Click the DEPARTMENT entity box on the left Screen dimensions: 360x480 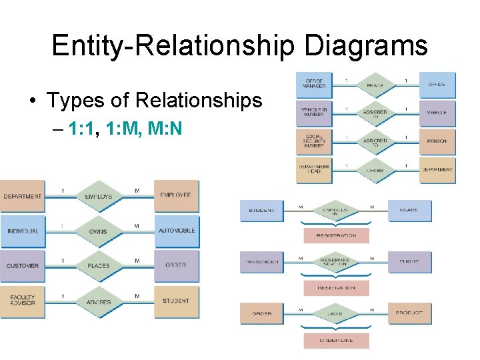click(23, 197)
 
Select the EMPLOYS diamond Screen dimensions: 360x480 click(99, 197)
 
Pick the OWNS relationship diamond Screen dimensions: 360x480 click(99, 231)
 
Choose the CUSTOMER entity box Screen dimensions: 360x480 click(23, 266)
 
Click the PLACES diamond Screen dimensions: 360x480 click(99, 266)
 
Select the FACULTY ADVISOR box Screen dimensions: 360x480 click(23, 301)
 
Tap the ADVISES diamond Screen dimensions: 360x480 click(99, 301)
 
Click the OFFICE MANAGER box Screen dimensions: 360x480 click(314, 85)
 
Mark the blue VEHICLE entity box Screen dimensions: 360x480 click(437, 113)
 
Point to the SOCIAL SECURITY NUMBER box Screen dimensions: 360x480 click(314, 141)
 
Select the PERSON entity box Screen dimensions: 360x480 click(437, 141)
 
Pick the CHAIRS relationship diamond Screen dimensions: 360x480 click(375, 170)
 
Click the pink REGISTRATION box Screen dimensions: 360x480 click(336, 235)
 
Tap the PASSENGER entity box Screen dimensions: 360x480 click(261, 262)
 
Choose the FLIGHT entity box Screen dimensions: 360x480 click(409, 262)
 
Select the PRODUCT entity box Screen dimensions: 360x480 click(409, 313)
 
